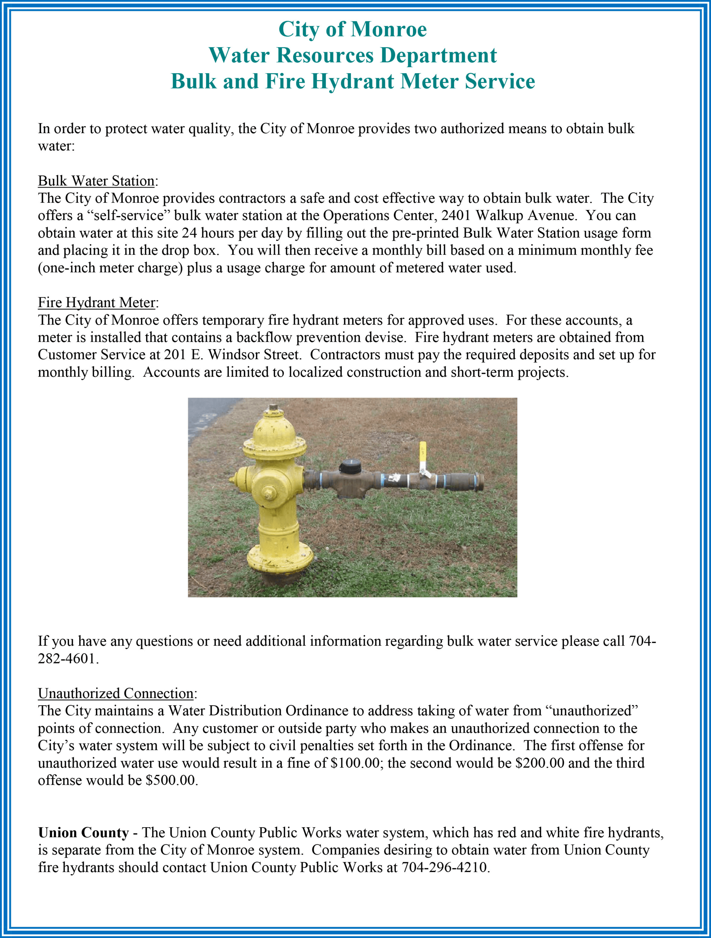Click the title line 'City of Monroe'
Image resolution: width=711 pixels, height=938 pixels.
[x=352, y=29]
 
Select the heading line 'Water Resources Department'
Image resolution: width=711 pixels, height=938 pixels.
[x=352, y=56]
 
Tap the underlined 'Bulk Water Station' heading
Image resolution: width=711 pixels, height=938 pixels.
[x=96, y=181]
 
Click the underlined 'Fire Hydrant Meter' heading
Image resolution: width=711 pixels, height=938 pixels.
[x=96, y=303]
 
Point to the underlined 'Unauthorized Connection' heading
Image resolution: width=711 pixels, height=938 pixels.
[x=115, y=693]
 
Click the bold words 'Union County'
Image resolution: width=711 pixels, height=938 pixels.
[x=83, y=833]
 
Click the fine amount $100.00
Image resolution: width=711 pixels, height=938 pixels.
[x=355, y=763]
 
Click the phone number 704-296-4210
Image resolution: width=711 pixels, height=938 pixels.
[x=445, y=868]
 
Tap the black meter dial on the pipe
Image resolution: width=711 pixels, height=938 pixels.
[x=350, y=467]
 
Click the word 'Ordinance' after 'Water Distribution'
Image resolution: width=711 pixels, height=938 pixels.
[x=316, y=711]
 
